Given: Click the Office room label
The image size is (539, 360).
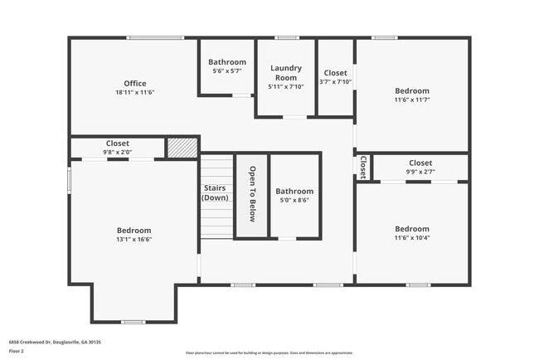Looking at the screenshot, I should coord(135,83).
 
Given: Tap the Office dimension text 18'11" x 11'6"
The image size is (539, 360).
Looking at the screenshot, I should coord(135,93).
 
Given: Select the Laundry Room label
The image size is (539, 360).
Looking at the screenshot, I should coord(286,73).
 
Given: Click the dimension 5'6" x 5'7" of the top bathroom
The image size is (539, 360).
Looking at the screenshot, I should coord(226,71).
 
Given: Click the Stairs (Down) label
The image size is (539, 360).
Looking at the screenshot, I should coord(215,192).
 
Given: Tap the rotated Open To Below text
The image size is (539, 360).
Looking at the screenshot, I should coord(252,194).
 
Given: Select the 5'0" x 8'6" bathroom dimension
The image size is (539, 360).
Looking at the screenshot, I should coord(295,200).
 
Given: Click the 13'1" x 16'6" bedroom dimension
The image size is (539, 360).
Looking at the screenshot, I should coord(134,239).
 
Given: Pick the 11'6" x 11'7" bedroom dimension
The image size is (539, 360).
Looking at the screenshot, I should coord(412,100).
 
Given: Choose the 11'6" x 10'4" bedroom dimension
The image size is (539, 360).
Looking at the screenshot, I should coord(412,238).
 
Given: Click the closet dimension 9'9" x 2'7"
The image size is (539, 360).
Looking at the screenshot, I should coord(420,172).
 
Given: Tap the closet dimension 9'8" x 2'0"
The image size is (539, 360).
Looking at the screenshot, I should coord(118,152).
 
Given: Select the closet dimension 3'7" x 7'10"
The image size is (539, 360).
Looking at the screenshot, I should coord(336,82).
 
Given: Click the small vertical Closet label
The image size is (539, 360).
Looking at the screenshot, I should coord(362,166).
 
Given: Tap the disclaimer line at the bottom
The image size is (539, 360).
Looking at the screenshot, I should coord(269,353).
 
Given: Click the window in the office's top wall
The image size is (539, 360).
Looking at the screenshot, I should coord(155,37).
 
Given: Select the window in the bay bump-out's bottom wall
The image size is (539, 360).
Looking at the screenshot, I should coord(133,322).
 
